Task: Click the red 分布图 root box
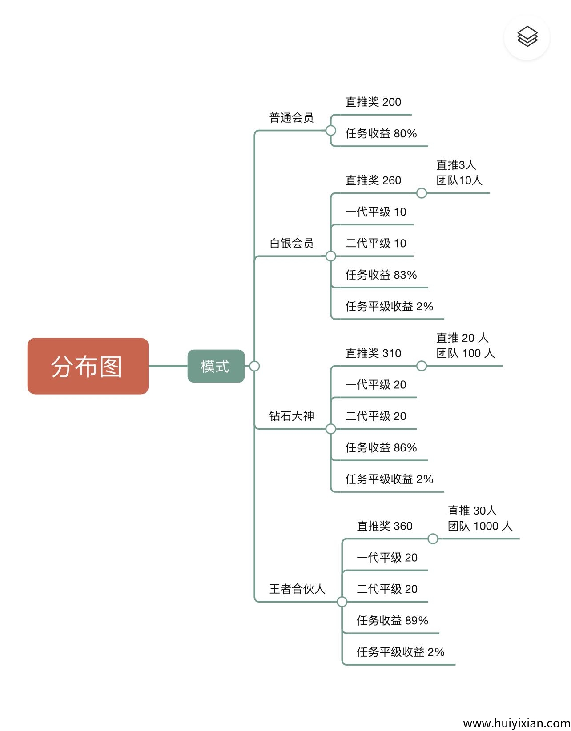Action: pos(88,366)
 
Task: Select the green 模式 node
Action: pos(216,366)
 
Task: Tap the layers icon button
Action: pos(527,37)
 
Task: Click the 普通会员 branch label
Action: pos(291,118)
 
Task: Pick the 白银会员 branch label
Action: pos(291,243)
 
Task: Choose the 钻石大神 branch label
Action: pos(291,416)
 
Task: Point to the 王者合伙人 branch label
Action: pos(297,589)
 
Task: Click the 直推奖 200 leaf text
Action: pos(373,102)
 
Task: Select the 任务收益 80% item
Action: pos(381,134)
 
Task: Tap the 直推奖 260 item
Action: pos(373,180)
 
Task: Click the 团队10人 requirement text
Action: pos(459,180)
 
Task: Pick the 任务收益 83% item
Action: pos(381,275)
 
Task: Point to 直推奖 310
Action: pos(373,353)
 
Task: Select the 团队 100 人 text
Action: pos(465,353)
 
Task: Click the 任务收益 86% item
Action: pos(381,448)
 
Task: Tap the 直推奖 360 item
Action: pos(385,526)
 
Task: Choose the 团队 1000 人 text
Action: pos(480,526)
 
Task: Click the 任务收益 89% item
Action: pos(392,621)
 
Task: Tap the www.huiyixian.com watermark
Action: pos(516,723)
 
